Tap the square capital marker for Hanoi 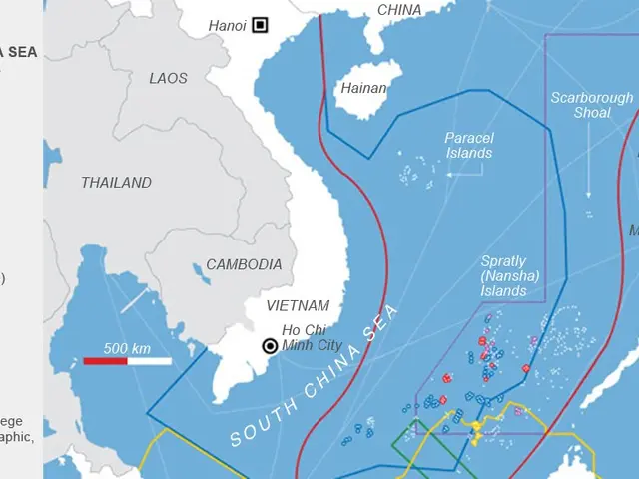tap(260, 24)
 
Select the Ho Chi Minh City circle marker tap(270, 346)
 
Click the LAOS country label tap(168, 78)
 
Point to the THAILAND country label tap(116, 183)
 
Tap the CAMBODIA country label tap(244, 264)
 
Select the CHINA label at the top tap(399, 10)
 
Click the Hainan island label tap(363, 88)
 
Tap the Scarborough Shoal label tap(591, 105)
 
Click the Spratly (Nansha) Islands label tap(503, 276)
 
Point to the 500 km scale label tap(126, 348)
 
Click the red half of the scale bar tap(104, 361)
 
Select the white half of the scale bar tap(149, 361)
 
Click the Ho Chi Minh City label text tap(311, 338)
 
